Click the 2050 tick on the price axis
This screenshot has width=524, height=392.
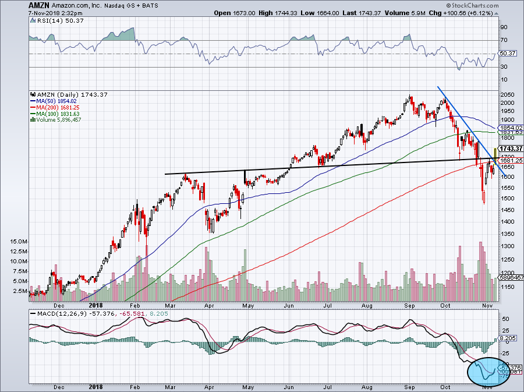click(x=508, y=95)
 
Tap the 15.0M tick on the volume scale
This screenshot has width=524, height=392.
click(x=18, y=241)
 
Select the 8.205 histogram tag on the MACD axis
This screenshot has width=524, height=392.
click(x=508, y=338)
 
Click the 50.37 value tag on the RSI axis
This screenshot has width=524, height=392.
click(x=508, y=54)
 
